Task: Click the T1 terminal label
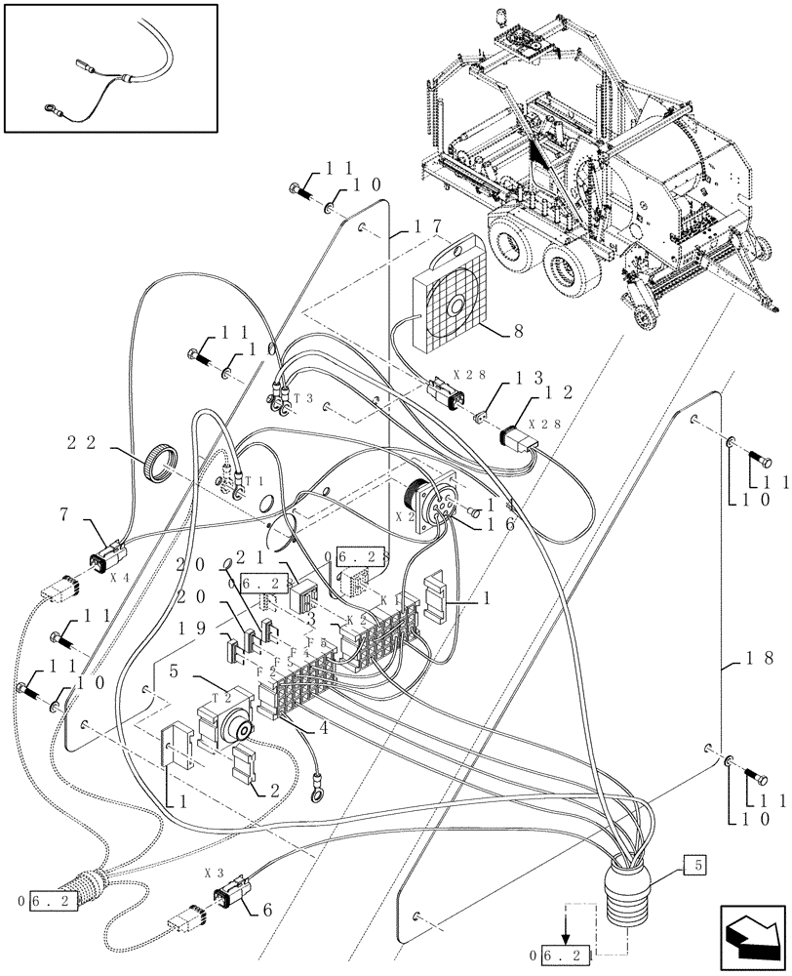click(x=255, y=482)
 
